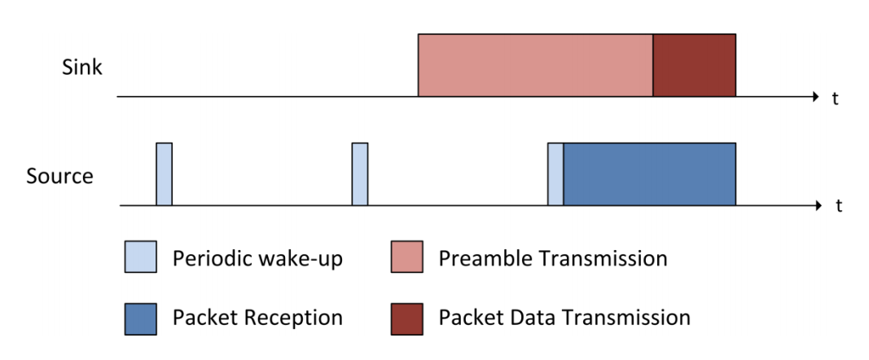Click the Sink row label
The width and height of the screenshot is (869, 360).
82,68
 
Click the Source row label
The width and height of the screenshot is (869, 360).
59,177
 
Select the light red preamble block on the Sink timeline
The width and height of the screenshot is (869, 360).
535,65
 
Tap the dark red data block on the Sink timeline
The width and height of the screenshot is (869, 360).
695,65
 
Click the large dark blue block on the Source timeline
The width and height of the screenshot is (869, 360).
650,174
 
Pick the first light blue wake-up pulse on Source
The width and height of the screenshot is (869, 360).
164,174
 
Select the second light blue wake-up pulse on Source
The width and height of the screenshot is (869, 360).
360,174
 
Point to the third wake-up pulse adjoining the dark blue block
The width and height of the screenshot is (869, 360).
555,174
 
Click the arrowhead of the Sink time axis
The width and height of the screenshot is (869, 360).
815,97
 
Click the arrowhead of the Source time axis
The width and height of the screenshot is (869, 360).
818,206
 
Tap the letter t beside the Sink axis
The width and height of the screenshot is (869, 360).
835,99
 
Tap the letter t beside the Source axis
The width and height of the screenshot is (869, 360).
839,207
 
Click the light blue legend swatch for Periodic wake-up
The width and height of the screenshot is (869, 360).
140,257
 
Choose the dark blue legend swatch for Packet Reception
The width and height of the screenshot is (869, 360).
140,319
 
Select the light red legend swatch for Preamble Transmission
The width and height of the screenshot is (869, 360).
406,257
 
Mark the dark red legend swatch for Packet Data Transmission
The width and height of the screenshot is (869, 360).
406,319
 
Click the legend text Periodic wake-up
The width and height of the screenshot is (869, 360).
257,259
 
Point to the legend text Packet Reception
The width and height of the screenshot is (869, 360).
257,318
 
